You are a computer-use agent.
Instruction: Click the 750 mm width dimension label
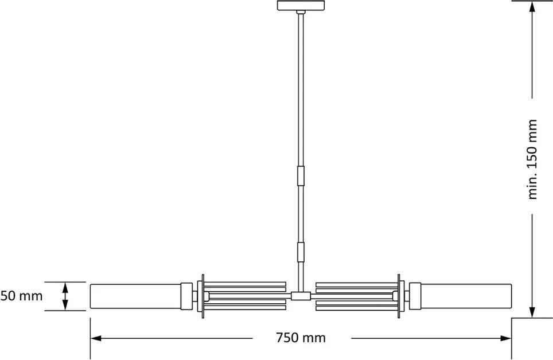300,338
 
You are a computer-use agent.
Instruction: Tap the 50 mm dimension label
21,296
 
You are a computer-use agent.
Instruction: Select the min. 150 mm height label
533,159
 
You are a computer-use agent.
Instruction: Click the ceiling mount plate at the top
300,6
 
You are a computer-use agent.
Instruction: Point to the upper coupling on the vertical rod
300,176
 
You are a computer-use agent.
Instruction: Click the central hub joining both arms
300,296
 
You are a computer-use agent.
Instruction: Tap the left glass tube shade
135,296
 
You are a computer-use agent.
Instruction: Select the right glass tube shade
466,296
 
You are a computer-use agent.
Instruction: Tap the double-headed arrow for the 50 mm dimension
65,296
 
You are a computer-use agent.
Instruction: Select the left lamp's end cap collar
186,296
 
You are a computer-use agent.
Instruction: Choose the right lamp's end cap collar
414,296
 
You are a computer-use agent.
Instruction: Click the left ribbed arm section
246,296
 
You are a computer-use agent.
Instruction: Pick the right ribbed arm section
356,296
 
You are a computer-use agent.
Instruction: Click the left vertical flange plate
200,296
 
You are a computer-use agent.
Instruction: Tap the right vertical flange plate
400,296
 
